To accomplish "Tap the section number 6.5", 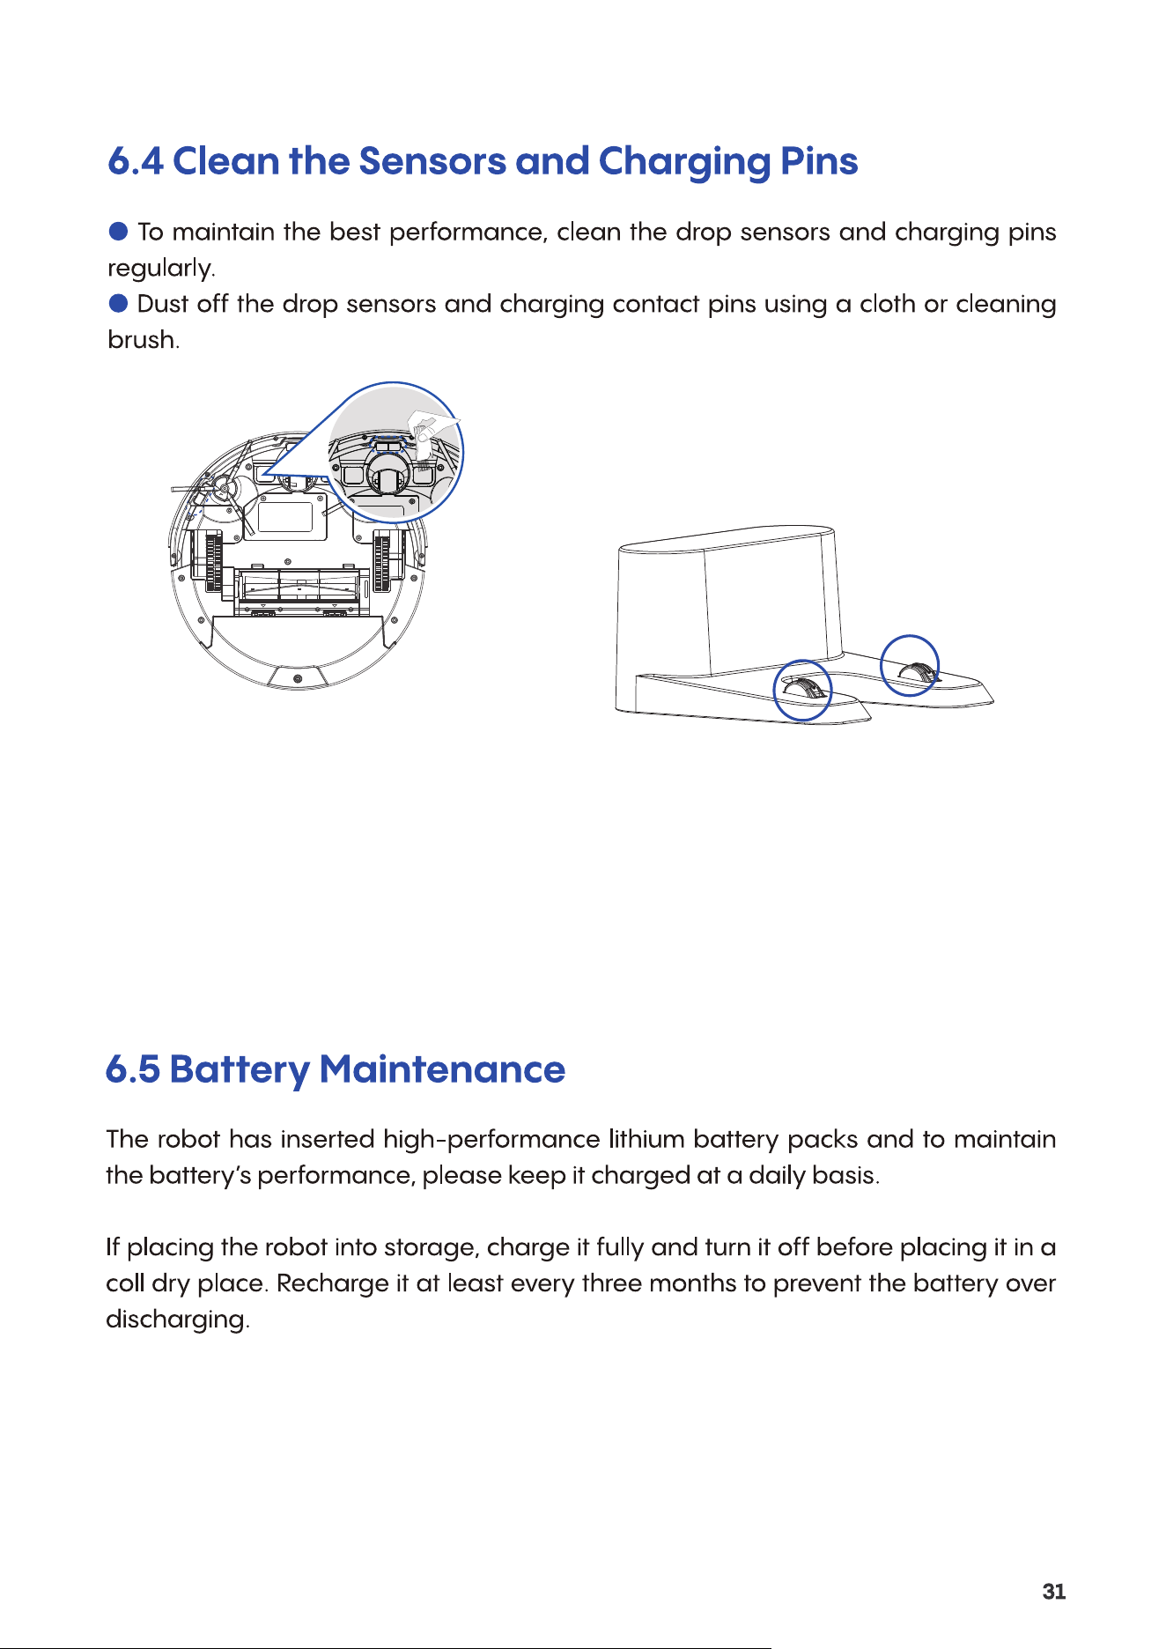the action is (133, 1069).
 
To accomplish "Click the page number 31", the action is (1054, 1592).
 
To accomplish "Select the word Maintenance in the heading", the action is (442, 1069).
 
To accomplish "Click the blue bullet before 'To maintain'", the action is (119, 232).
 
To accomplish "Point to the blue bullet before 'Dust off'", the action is (119, 303).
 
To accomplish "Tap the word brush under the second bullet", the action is (143, 340).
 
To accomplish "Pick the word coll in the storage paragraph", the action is (125, 1283).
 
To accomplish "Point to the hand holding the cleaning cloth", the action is (432, 426).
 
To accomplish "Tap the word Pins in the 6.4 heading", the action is (819, 161).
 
